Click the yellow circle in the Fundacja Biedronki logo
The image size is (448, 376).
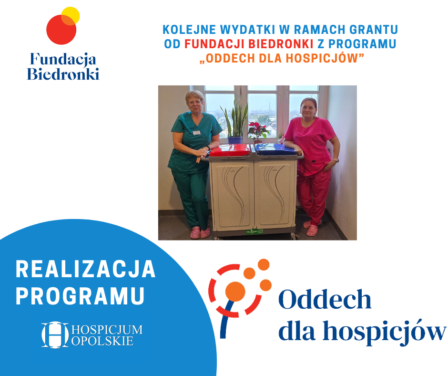coord(71,15)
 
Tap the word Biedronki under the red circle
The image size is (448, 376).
coord(63,74)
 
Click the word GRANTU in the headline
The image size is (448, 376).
coord(374,30)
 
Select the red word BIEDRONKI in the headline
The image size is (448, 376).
coord(281,44)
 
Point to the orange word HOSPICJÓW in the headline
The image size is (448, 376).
coord(322,58)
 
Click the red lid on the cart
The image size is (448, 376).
coord(230,150)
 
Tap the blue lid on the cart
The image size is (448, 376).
coord(276,149)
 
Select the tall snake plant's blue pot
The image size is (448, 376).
coord(235,140)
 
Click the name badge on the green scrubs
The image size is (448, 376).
coord(196,133)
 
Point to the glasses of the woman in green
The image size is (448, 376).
coord(195,102)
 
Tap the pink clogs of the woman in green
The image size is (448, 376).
coord(200,232)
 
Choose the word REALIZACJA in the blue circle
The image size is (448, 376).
coord(85,269)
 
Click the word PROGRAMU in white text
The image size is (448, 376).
coord(80,296)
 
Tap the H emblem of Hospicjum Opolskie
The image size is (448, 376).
coord(55,335)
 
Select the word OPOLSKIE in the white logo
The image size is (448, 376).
coord(102,341)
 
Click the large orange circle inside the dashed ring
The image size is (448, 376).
coord(235,292)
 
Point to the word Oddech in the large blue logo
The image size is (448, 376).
coord(325,299)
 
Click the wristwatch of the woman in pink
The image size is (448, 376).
coord(336,160)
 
